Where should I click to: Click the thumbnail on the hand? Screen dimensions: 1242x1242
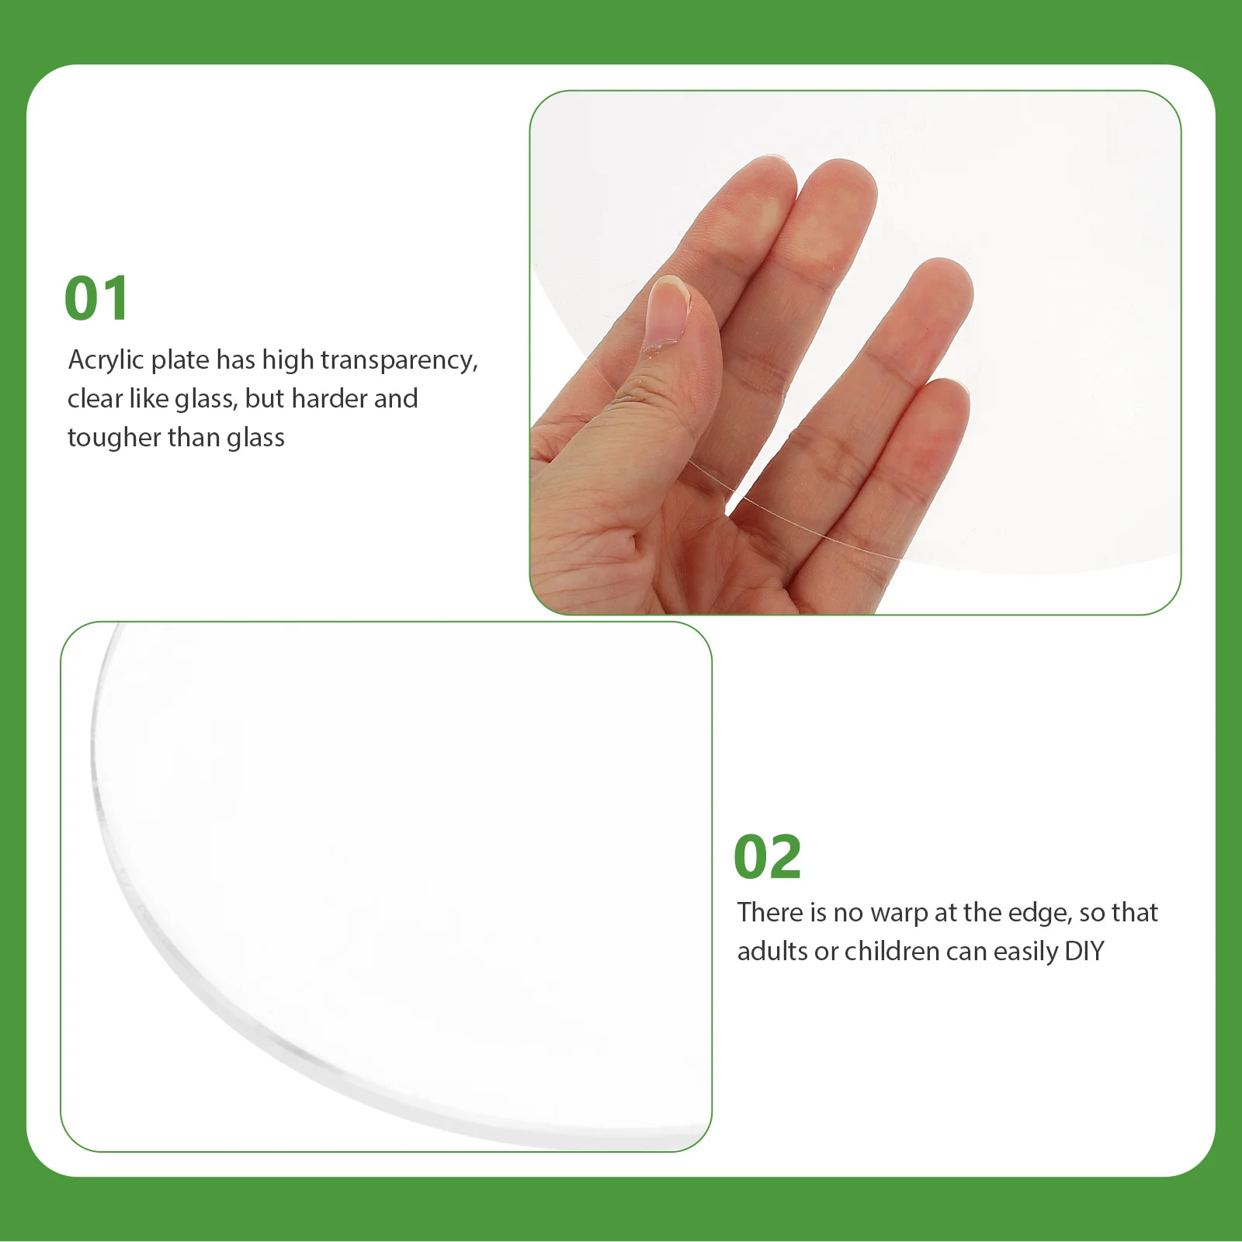point(667,310)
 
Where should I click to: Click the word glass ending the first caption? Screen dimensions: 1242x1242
point(255,439)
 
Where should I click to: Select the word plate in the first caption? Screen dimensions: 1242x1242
point(180,360)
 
